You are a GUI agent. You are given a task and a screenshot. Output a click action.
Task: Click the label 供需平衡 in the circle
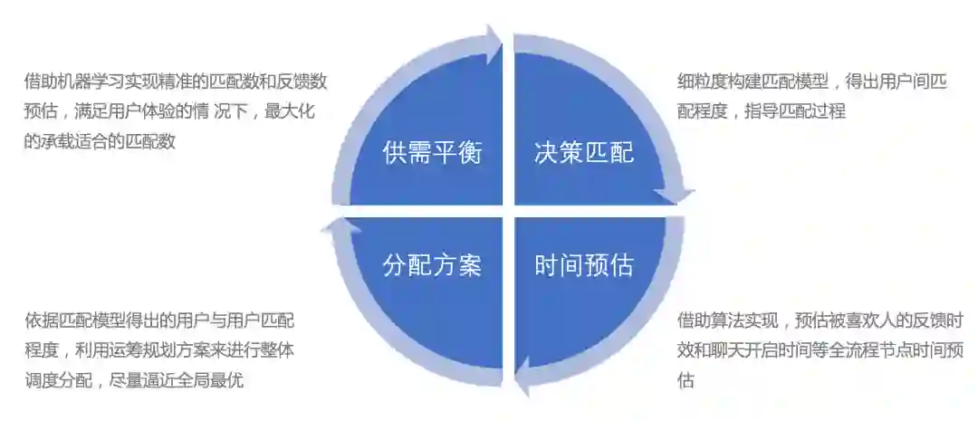432,151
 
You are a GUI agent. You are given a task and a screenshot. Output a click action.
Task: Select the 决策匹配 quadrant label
584,151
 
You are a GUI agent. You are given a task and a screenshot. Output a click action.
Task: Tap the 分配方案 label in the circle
432,265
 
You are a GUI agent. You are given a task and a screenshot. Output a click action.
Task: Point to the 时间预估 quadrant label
584,265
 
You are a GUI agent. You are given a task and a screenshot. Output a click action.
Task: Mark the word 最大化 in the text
296,111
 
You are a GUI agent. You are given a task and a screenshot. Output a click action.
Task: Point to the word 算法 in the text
725,321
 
